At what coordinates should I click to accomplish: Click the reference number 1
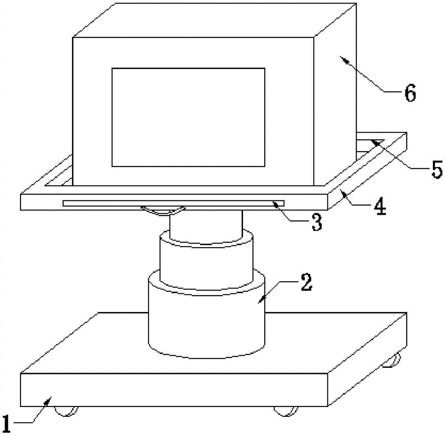click(x=6, y=424)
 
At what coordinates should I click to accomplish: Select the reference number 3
click(x=317, y=222)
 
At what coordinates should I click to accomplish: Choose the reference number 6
click(x=410, y=93)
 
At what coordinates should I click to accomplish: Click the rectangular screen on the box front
click(x=188, y=117)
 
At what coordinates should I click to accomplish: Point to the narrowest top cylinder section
click(x=206, y=227)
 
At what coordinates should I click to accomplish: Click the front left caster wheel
click(x=66, y=411)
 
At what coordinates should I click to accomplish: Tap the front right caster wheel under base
click(x=286, y=411)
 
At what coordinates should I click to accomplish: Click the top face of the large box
click(x=215, y=20)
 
